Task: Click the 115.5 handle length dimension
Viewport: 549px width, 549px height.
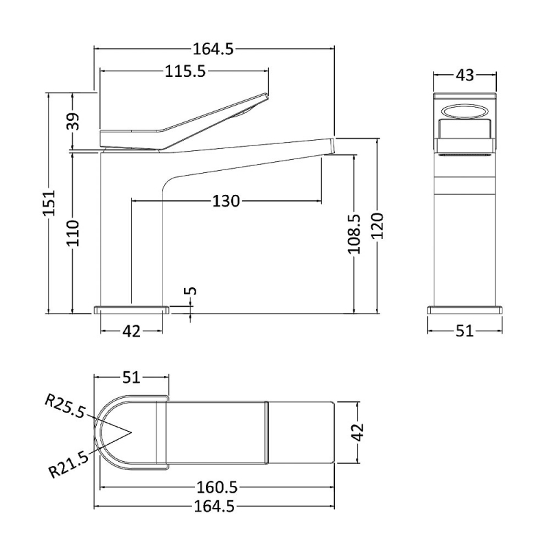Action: [x=185, y=72]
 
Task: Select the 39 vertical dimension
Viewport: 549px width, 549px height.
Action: [x=73, y=121]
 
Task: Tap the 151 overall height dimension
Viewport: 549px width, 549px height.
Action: [x=49, y=203]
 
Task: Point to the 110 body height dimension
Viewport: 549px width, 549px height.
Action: [x=73, y=233]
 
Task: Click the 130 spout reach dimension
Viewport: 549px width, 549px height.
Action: [x=226, y=201]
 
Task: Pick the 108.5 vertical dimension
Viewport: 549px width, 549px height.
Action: [x=354, y=234]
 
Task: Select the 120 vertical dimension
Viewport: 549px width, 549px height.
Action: [x=378, y=226]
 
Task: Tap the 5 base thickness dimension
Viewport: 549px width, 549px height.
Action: [x=191, y=291]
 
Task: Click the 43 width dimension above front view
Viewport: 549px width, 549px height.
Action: [x=465, y=75]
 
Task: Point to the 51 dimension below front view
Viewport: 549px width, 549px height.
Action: [x=465, y=331]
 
